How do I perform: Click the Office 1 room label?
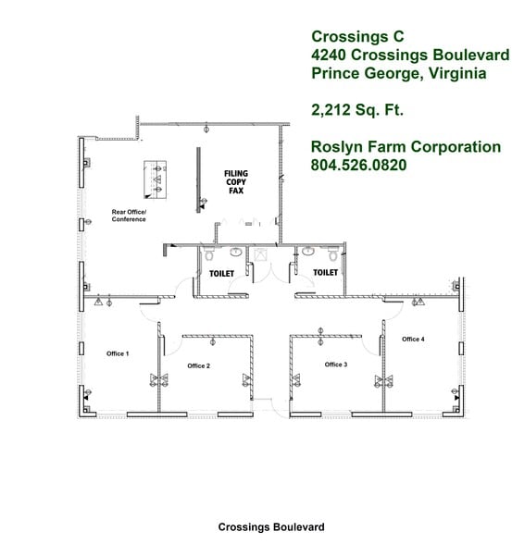[117, 353]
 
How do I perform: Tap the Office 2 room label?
[198, 366]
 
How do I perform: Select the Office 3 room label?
[336, 365]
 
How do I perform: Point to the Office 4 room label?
[413, 340]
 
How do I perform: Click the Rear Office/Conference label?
[129, 216]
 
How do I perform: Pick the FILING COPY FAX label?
[236, 181]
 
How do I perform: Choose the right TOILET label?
[325, 273]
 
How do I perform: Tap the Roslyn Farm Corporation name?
[406, 147]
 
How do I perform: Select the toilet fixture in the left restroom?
[209, 253]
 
